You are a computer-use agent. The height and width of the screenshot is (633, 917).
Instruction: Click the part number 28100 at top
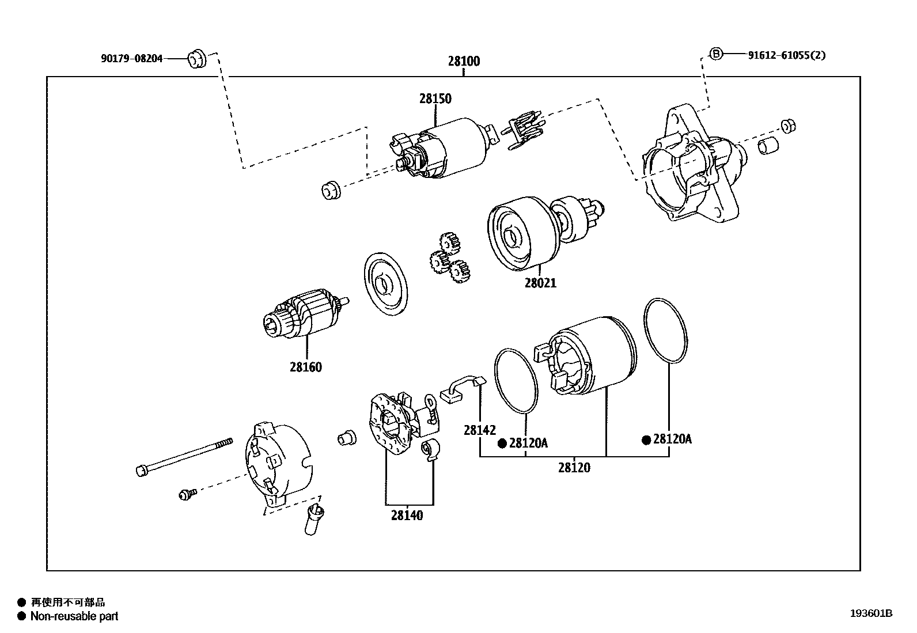464,61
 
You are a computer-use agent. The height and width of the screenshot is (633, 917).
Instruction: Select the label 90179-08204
131,58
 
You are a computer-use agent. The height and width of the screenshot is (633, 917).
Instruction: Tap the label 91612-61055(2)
787,55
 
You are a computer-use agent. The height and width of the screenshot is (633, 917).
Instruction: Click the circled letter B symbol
715,54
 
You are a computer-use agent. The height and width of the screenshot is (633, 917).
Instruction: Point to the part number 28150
435,98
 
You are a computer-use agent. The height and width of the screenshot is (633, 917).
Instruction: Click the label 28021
540,283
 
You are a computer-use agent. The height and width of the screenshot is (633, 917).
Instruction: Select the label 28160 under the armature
305,367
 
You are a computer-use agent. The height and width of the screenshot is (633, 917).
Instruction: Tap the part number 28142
480,430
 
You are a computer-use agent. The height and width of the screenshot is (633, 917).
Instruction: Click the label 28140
407,516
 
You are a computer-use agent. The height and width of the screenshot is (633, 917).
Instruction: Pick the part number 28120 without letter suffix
574,468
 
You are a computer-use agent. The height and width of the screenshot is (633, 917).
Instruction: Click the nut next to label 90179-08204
197,58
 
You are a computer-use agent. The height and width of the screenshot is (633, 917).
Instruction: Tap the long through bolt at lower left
184,456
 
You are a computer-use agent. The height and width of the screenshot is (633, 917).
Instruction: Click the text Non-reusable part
74,616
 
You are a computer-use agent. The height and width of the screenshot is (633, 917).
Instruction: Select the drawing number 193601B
870,613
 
